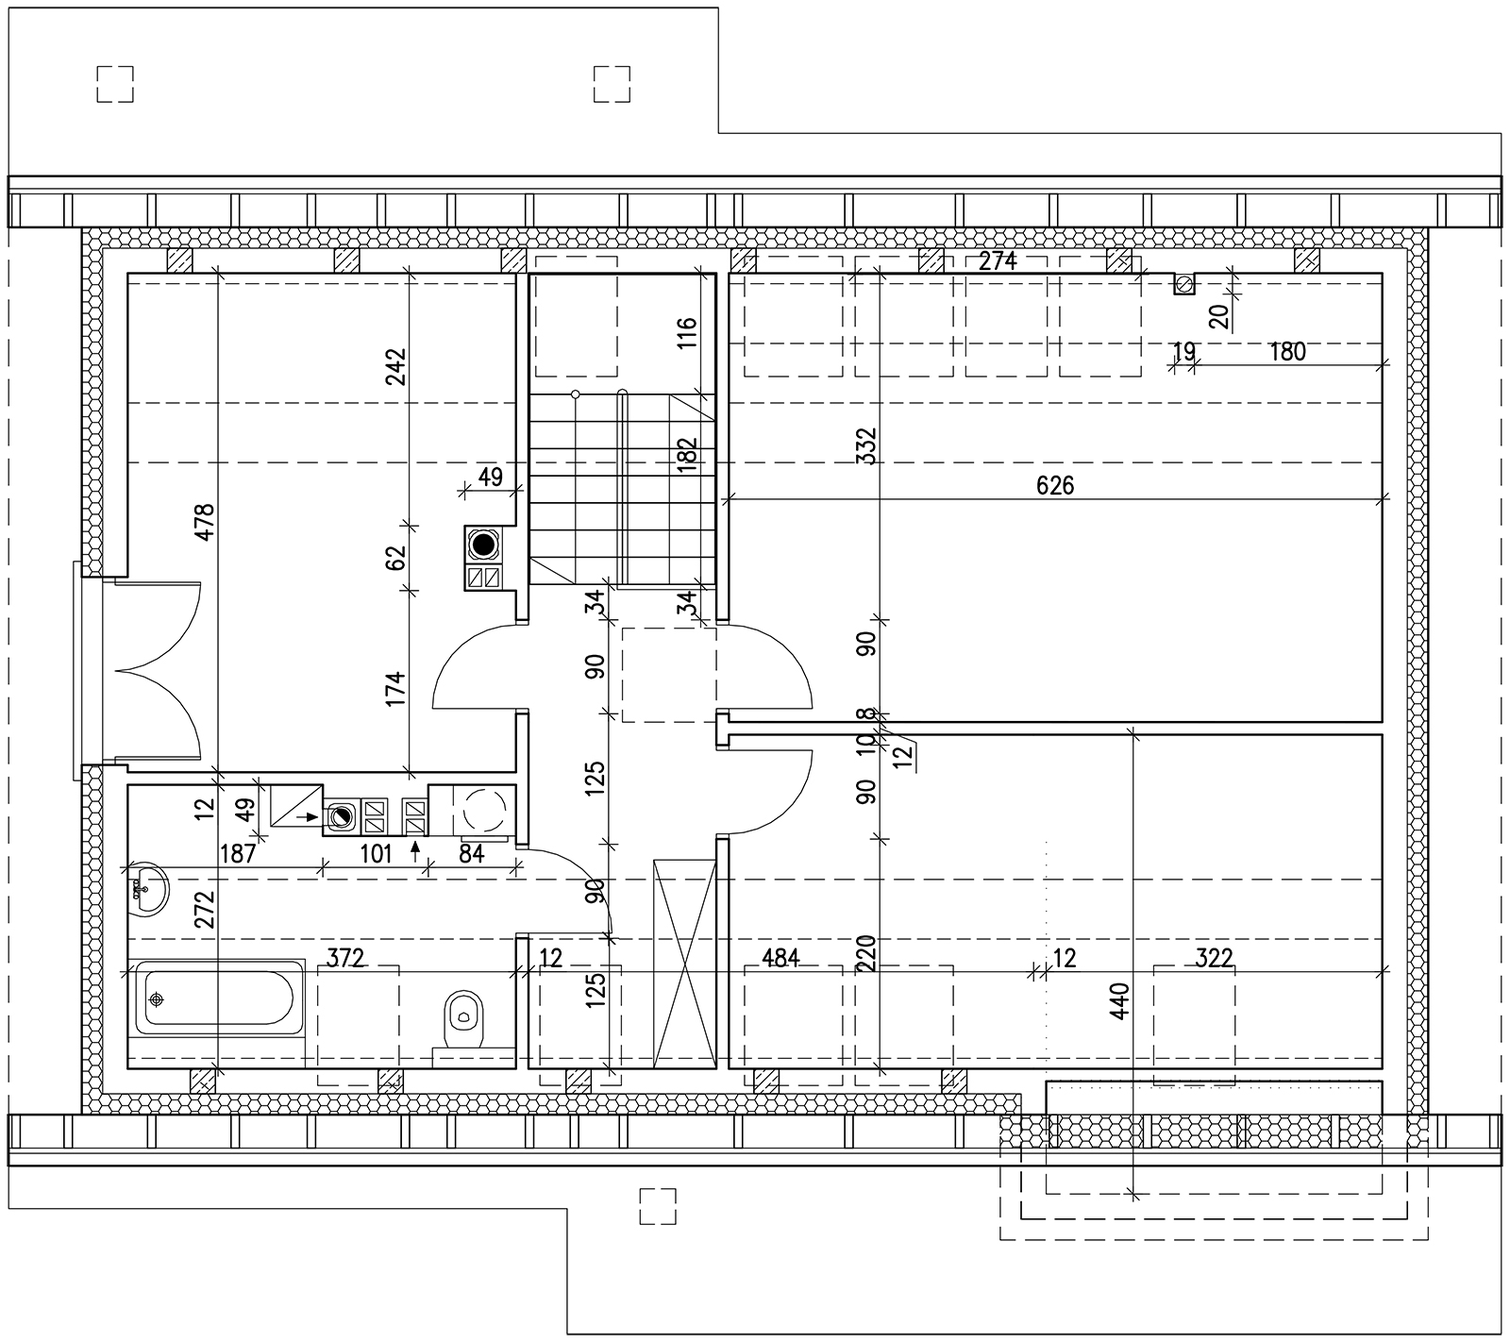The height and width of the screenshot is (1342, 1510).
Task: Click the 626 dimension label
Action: pos(1055,485)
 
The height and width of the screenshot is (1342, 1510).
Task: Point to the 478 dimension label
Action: pos(205,523)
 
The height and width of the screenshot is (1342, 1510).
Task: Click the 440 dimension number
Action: pos(1119,1001)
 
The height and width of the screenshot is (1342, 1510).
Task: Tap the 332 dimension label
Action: pos(866,447)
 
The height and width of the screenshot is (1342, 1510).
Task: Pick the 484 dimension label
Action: pos(780,959)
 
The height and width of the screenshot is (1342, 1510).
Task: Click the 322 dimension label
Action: pos(1214,959)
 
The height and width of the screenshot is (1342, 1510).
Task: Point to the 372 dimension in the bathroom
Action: pos(345,959)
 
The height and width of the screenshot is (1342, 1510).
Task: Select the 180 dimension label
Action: pos(1288,352)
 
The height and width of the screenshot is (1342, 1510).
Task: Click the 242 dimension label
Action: pos(394,368)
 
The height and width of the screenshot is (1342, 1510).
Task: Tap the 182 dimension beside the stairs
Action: pos(687,454)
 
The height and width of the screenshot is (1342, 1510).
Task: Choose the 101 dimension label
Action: pos(376,854)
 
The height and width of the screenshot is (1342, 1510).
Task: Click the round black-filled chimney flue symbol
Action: pos(484,545)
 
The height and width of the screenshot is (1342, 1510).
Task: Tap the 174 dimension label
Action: pos(394,690)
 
